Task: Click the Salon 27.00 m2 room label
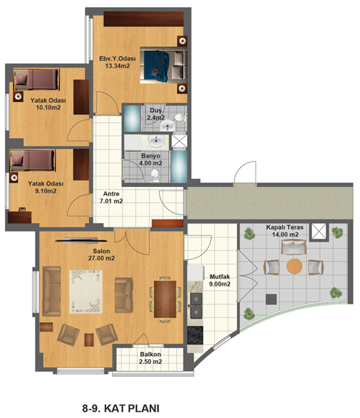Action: click(102, 255)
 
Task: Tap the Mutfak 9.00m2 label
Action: click(220, 281)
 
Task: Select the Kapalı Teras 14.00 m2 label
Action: click(284, 231)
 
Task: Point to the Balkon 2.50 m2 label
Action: click(150, 358)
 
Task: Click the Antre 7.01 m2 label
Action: click(112, 197)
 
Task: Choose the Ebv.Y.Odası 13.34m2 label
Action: click(117, 62)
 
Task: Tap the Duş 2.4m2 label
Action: click(156, 114)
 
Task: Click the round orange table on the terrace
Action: click(294, 266)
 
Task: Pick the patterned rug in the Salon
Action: click(86, 291)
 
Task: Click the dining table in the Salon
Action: click(165, 299)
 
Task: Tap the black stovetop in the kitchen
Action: click(195, 335)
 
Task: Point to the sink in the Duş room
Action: click(168, 125)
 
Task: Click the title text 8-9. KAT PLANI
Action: click(121, 408)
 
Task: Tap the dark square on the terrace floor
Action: click(271, 299)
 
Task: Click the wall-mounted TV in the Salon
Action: click(81, 240)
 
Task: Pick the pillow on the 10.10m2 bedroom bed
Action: click(21, 79)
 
